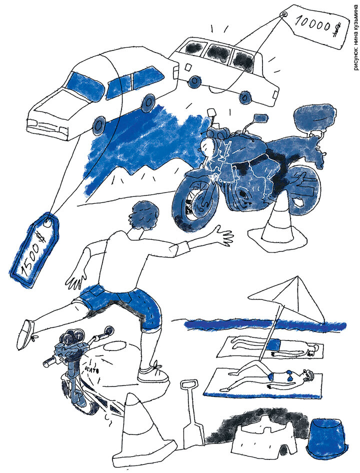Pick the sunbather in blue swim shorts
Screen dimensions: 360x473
pos(274,347)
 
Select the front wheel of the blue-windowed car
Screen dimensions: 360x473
pos(99,125)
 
